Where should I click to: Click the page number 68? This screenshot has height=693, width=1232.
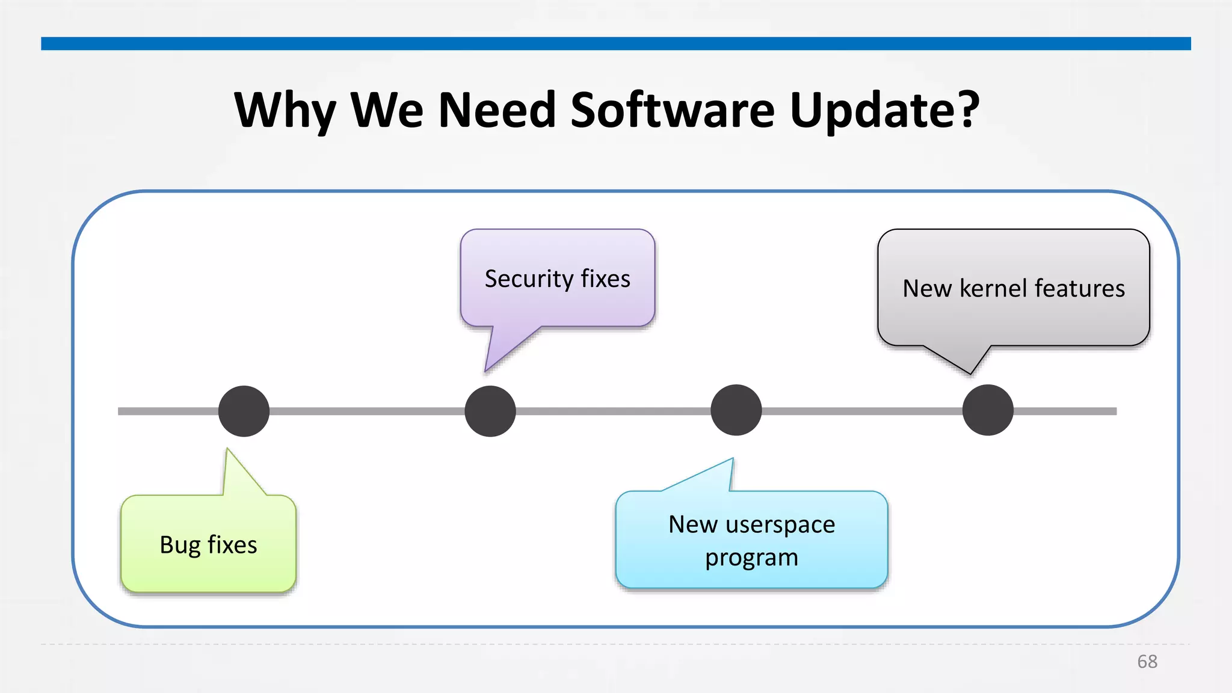click(x=1147, y=662)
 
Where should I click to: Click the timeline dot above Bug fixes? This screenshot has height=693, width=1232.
click(x=244, y=411)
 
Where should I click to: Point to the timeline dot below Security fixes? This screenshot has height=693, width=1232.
click(x=490, y=411)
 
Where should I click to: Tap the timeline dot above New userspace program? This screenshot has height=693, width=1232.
click(x=736, y=411)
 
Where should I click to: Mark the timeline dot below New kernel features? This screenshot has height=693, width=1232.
click(x=988, y=410)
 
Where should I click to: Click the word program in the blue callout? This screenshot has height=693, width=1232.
click(x=751, y=558)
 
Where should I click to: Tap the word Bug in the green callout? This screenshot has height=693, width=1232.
click(x=179, y=545)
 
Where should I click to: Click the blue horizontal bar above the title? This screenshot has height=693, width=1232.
click(x=616, y=43)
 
